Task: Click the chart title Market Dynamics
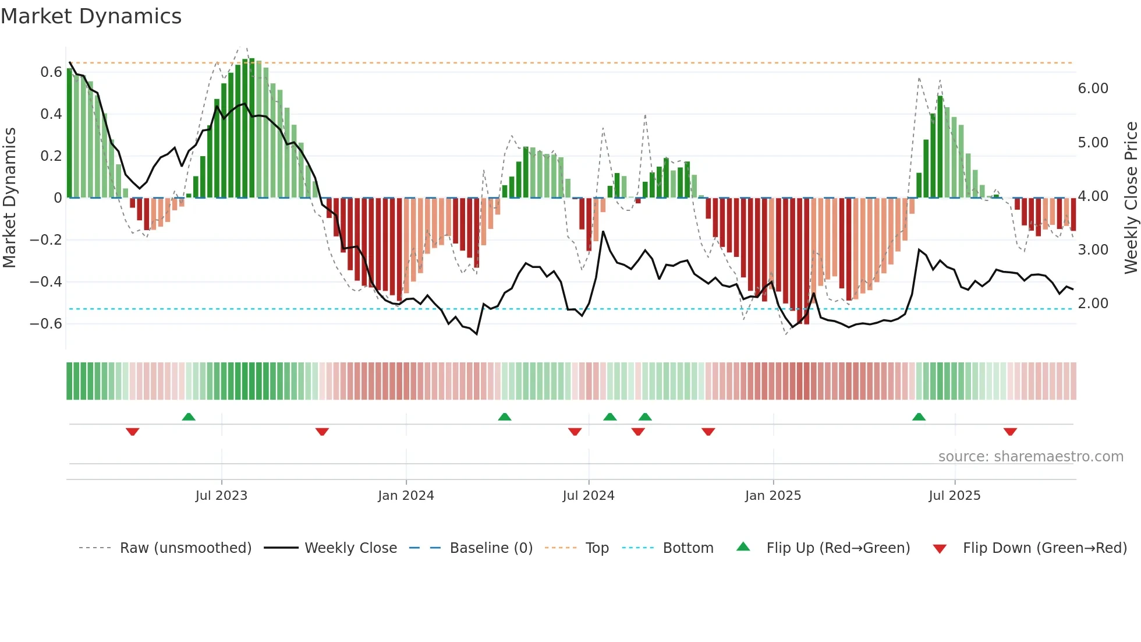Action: coord(91,16)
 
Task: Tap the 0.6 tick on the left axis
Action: coord(51,72)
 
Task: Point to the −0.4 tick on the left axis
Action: coord(45,282)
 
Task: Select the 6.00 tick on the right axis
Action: coord(1093,89)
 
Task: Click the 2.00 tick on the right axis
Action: coord(1093,304)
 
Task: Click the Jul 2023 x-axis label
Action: coord(221,496)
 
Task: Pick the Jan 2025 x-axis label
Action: coord(773,496)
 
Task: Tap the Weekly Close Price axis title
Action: coord(1131,197)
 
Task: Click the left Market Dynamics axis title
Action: coord(9,197)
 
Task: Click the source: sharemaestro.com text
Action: coord(1030,457)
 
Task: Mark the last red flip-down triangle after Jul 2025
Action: coord(1010,432)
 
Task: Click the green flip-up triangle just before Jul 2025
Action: coord(919,417)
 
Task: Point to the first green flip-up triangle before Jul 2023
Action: coord(189,417)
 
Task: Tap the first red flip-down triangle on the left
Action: coord(132,432)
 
